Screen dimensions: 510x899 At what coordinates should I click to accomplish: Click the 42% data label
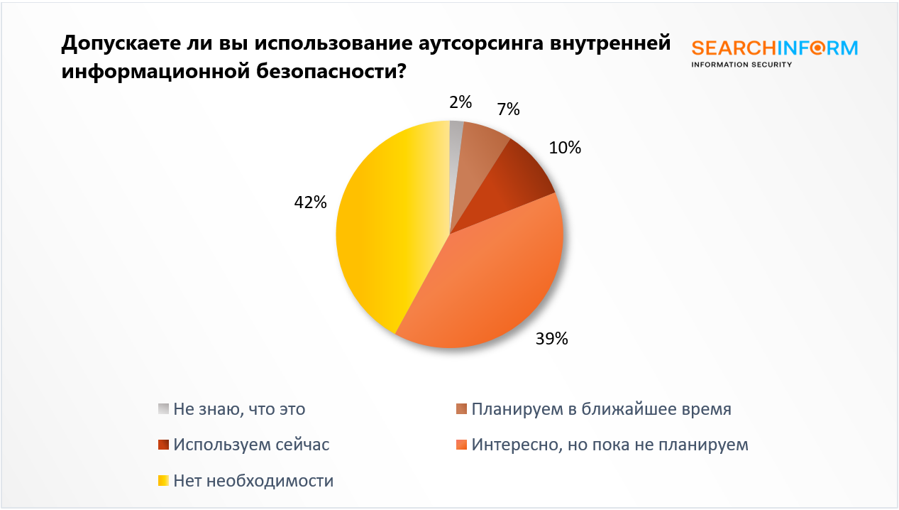tap(310, 202)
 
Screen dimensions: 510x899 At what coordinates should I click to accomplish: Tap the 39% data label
tap(551, 339)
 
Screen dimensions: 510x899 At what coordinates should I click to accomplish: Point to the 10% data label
tap(565, 148)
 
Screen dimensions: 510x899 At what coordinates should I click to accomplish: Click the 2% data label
tap(460, 102)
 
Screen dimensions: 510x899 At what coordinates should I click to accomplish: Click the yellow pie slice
tap(387, 227)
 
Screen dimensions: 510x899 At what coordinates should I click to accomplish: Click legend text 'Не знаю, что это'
tap(239, 409)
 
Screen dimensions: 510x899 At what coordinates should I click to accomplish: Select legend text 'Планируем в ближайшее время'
tap(601, 409)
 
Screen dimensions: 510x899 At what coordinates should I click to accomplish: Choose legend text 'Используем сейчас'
tap(251, 445)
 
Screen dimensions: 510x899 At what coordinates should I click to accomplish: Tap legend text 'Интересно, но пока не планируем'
tap(610, 445)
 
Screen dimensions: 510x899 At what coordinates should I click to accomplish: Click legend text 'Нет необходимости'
tap(253, 480)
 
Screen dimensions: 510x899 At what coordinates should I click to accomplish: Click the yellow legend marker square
tap(163, 480)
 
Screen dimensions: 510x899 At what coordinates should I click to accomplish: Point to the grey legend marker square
tap(163, 409)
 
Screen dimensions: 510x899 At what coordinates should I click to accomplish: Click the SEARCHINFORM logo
tap(774, 53)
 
